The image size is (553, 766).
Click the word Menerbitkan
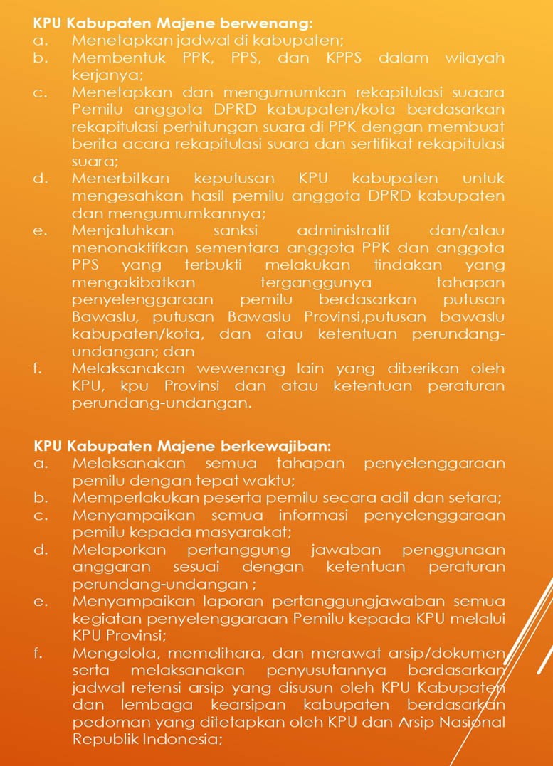click(x=117, y=179)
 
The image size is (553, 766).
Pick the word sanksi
click(x=236, y=231)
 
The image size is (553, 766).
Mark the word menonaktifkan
click(x=124, y=248)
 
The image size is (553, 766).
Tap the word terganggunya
click(x=300, y=282)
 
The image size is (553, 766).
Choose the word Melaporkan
click(x=118, y=550)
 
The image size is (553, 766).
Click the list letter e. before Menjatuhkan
click(x=40, y=231)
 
